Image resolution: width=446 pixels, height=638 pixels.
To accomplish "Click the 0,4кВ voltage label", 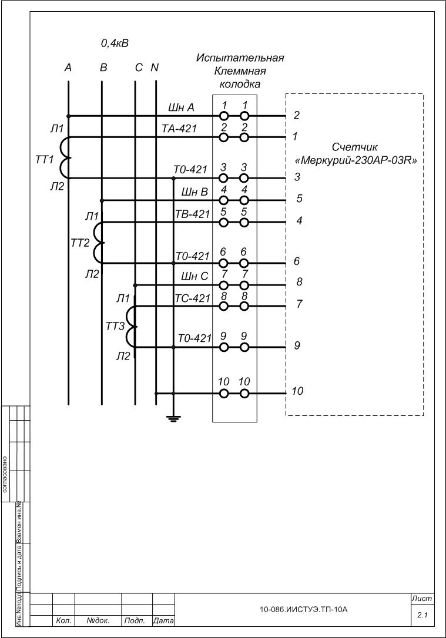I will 115,43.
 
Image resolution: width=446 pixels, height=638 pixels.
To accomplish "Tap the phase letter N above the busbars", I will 155,68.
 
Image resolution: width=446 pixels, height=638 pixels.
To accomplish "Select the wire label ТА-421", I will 180,129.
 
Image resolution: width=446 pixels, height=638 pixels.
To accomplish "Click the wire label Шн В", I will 196,192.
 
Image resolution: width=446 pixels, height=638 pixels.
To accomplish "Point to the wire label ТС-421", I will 193,298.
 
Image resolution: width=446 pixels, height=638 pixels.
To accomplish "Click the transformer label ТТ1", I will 45,160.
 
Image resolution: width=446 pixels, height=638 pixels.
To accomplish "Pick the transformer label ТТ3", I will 116,327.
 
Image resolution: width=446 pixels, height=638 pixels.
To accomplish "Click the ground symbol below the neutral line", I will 173,418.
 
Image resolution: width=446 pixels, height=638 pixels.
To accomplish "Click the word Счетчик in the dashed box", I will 356,146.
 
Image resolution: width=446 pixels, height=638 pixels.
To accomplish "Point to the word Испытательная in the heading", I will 240,58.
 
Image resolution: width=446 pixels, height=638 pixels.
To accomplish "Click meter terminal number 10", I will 297,391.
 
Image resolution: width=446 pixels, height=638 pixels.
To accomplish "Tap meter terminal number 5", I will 299,199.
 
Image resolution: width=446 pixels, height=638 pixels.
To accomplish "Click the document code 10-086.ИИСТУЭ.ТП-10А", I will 304,610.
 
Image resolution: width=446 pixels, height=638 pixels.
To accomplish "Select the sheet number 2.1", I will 422,615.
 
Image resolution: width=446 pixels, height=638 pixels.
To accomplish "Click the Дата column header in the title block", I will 163,620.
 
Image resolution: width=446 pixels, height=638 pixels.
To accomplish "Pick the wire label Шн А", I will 181,107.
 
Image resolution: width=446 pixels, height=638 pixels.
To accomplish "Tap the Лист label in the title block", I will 422,598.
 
